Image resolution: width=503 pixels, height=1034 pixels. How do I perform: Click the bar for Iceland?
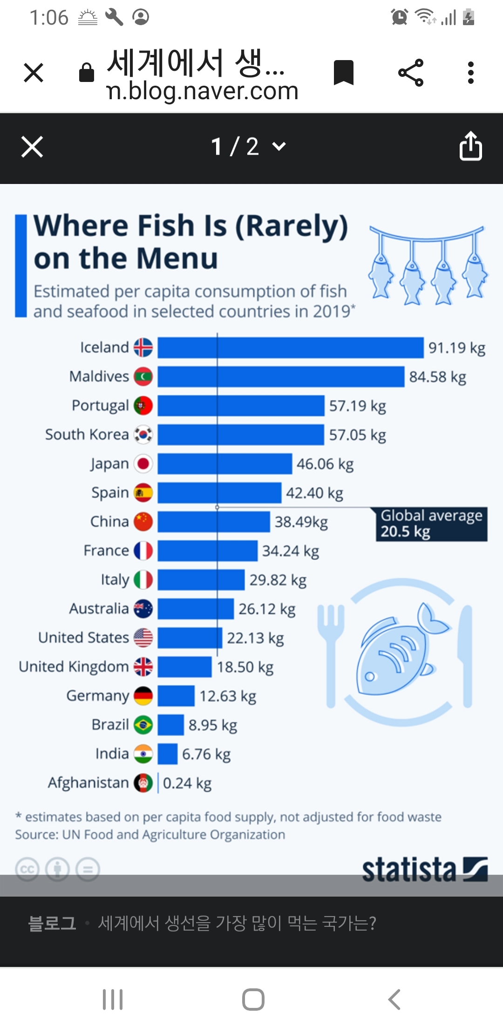290,347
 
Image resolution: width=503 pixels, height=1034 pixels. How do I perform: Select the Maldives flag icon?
143,376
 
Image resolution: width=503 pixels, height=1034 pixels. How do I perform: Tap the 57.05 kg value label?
357,435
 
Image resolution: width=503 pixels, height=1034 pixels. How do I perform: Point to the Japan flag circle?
143,463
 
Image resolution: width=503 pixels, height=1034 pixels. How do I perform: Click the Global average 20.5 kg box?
431,524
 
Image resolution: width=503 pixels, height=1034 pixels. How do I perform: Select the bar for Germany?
176,696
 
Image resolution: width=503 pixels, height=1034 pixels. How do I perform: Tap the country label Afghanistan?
88,782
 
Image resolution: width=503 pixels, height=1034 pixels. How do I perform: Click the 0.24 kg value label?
187,783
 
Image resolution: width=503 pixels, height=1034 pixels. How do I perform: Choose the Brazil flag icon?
143,725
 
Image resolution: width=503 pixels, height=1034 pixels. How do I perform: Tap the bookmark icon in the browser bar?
344,73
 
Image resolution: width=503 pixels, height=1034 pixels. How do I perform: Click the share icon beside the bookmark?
411,73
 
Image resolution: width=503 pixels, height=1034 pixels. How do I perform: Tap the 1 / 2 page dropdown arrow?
279,146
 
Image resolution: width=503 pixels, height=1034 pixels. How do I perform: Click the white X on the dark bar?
32,147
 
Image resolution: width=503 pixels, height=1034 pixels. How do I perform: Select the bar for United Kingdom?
184,667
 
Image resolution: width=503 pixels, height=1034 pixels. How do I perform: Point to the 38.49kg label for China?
301,522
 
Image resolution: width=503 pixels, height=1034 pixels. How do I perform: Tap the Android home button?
253,999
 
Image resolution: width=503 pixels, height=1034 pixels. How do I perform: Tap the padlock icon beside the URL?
87,73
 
